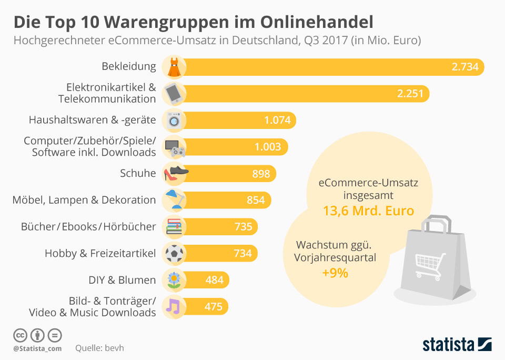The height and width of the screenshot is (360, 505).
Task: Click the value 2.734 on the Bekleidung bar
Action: [x=465, y=67]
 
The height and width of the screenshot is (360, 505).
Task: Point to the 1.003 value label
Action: [x=268, y=147]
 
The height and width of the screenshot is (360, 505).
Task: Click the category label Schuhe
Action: [x=138, y=173]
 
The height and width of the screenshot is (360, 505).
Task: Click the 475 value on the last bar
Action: [x=213, y=307]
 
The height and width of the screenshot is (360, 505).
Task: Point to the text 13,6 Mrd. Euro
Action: [x=368, y=211]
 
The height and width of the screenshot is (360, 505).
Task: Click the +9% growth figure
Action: [x=335, y=273]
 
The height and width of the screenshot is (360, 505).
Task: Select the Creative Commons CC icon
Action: [x=20, y=335]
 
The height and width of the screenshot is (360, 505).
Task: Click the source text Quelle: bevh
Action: [x=99, y=348]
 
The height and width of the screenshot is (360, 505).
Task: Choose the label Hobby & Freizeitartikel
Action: [x=100, y=253]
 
